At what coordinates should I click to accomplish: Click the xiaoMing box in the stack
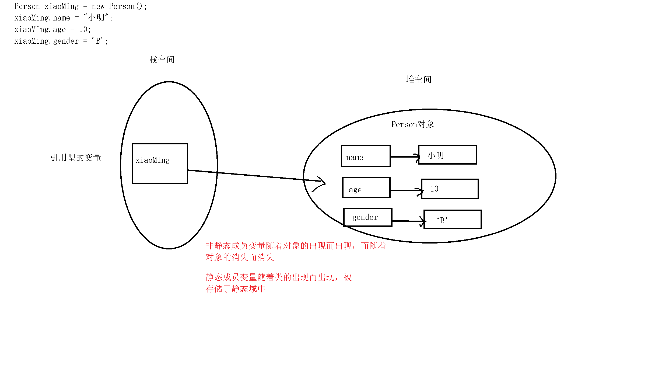[x=160, y=164]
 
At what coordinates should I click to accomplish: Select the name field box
[x=366, y=156]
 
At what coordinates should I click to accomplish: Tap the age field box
[x=366, y=188]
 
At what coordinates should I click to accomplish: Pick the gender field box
[x=368, y=217]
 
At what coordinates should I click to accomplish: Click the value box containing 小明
[x=447, y=155]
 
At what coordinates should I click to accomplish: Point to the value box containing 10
[x=450, y=189]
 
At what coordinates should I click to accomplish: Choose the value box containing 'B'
[x=453, y=220]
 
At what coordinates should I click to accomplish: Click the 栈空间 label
[x=162, y=60]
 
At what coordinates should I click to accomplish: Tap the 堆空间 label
[x=419, y=79]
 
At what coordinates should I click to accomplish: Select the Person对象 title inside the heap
[x=412, y=124]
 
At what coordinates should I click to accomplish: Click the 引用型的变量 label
[x=76, y=158]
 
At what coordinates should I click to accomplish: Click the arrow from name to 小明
[x=404, y=157]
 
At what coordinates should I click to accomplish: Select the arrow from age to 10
[x=406, y=190]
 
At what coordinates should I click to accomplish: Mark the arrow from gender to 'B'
[x=408, y=221]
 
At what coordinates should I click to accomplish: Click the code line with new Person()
[x=80, y=6]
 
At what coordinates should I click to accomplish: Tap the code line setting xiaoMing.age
[x=53, y=29]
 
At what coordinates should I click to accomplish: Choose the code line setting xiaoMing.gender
[x=61, y=41]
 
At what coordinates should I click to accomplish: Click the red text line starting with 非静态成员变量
[x=296, y=246]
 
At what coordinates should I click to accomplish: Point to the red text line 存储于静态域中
[x=235, y=289]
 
